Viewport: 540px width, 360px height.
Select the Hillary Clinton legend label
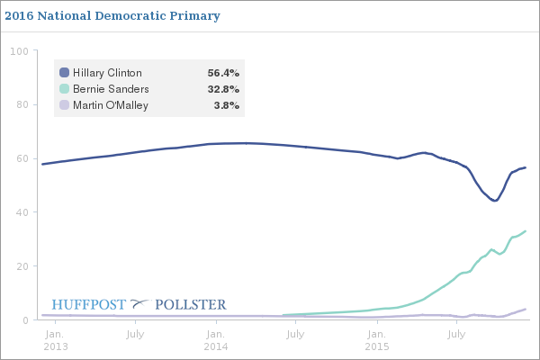(107, 73)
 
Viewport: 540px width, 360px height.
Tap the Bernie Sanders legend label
(111, 89)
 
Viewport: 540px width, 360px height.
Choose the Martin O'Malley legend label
(111, 105)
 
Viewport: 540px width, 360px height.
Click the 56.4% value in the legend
(223, 73)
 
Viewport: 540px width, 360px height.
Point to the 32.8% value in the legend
(223, 89)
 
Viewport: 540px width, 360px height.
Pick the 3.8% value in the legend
(226, 105)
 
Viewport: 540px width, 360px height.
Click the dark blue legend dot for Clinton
(64, 73)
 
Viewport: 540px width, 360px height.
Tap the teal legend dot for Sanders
(64, 89)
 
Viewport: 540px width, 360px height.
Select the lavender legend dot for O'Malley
(64, 105)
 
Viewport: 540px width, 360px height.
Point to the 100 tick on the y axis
(18, 51)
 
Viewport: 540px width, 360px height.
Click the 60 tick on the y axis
(21, 159)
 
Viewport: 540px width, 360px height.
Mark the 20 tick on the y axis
(21, 266)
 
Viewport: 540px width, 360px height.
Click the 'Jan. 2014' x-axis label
(215, 340)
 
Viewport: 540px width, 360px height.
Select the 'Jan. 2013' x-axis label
(56, 340)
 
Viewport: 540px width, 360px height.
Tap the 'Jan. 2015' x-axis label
(375, 340)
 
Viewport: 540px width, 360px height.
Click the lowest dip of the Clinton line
(494, 201)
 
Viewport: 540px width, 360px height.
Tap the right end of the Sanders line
(525, 231)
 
